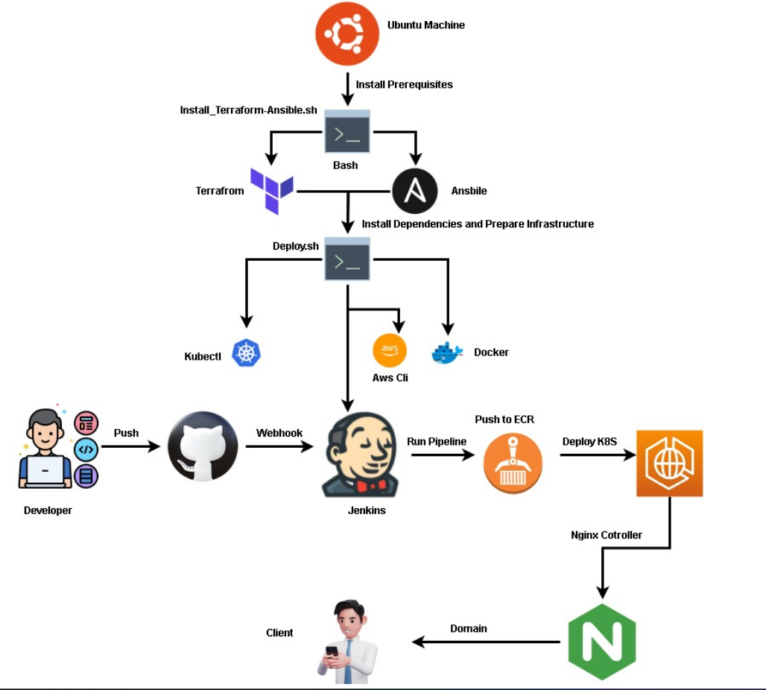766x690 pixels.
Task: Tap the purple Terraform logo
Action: pos(271,191)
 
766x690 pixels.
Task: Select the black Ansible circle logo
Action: pos(414,192)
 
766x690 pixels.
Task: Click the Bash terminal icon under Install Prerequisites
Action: pos(347,133)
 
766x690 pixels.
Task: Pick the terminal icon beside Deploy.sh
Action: pos(347,259)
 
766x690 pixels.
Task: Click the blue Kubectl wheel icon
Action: pos(247,353)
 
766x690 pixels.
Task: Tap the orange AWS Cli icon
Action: pos(390,350)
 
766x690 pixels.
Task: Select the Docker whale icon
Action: pos(447,352)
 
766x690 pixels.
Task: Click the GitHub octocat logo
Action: pos(203,447)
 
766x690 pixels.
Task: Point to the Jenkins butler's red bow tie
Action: pos(370,485)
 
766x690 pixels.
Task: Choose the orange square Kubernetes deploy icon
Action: pos(669,463)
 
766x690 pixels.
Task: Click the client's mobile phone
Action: pos(333,654)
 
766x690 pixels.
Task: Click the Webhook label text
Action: pos(279,433)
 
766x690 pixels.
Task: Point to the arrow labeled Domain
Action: pos(486,642)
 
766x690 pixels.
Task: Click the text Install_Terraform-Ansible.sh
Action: pos(249,110)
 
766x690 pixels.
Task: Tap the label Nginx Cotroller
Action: pos(606,535)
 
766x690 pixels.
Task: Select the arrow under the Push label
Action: pos(130,447)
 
